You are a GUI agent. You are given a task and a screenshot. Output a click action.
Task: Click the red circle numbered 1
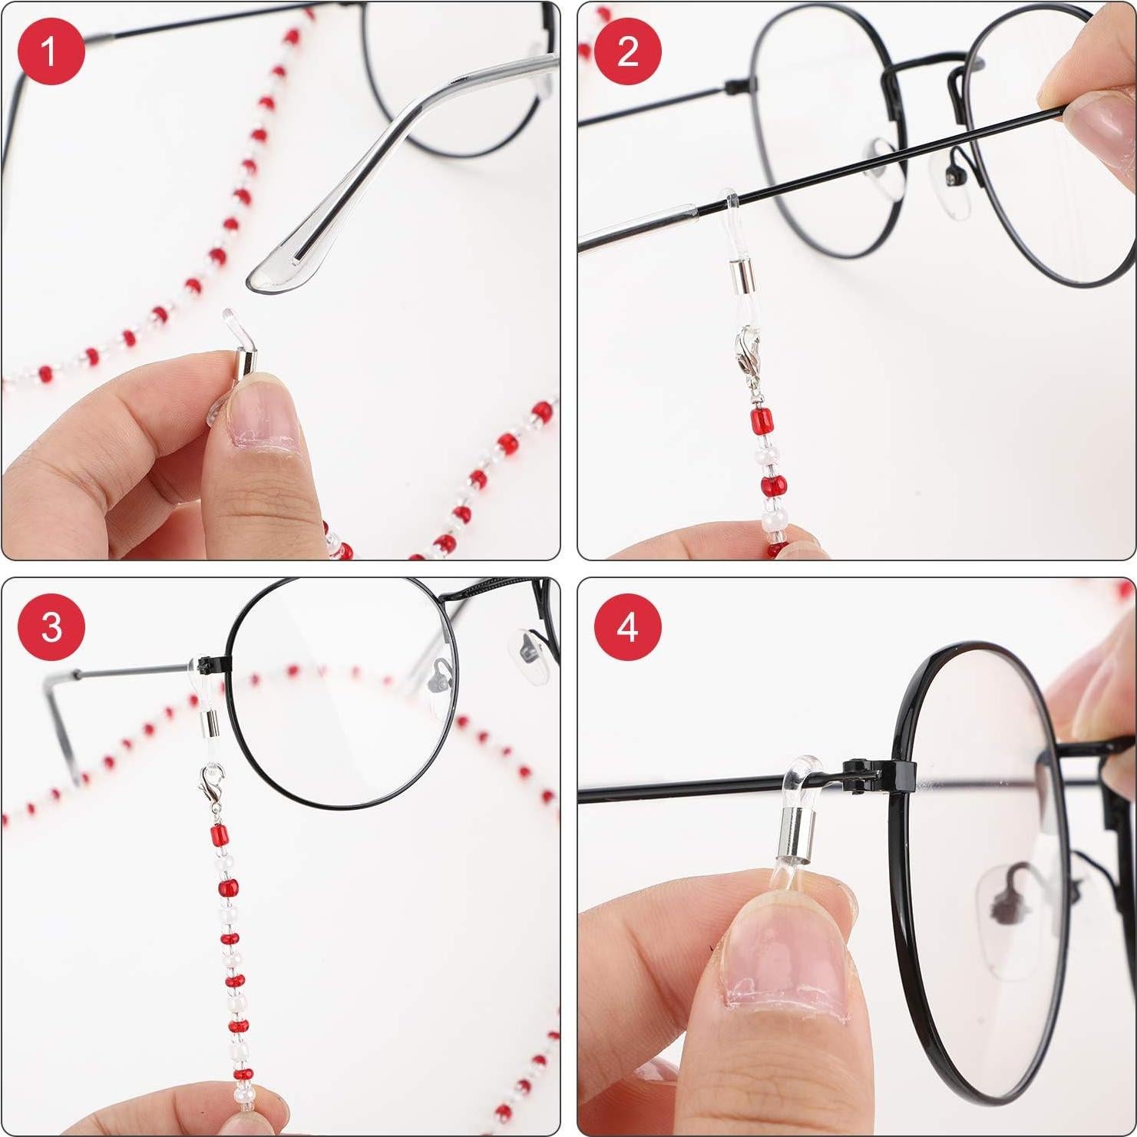[50, 51]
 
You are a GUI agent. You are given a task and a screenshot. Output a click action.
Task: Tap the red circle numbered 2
[627, 51]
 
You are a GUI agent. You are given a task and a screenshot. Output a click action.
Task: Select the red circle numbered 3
[50, 627]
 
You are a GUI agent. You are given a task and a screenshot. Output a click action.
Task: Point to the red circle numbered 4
[627, 627]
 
